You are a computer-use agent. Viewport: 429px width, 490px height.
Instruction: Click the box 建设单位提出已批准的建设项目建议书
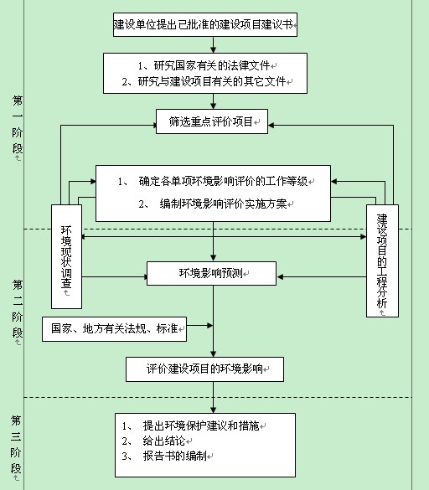(205, 24)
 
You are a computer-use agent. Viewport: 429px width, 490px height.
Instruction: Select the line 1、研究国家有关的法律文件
(204, 65)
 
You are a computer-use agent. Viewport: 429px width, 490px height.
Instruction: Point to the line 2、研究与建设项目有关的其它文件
(204, 81)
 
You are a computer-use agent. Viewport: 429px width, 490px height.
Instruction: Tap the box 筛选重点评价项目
(212, 121)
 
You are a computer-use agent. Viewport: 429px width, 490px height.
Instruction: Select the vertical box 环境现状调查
(66, 256)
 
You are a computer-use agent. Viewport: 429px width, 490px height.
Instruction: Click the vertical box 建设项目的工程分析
(382, 261)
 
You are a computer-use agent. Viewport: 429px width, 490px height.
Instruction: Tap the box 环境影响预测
(212, 273)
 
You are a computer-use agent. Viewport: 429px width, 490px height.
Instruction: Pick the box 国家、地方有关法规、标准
(115, 329)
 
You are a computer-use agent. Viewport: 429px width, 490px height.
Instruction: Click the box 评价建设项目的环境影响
(204, 369)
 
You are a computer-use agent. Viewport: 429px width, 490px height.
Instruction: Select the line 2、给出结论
(153, 441)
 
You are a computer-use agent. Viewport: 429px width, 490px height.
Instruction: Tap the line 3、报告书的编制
(164, 456)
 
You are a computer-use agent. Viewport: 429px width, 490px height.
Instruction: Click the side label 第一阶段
(18, 125)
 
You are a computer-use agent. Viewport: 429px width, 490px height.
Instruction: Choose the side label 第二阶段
(18, 309)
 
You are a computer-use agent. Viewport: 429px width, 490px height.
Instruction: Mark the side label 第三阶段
(16, 444)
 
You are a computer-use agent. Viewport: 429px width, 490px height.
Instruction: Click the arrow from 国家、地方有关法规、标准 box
(200, 326)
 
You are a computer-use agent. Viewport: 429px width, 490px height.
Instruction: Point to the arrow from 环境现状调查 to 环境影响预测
(115, 277)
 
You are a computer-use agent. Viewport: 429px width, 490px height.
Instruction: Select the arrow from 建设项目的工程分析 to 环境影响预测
(322, 277)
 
